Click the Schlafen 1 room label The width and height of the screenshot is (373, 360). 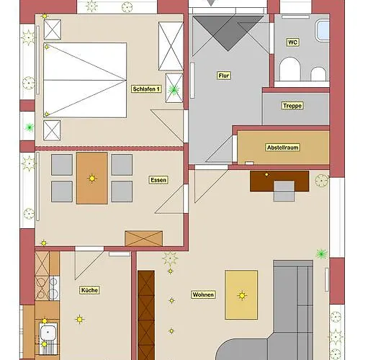click(146, 89)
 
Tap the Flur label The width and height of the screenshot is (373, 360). click(223, 76)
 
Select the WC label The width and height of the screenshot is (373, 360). click(292, 42)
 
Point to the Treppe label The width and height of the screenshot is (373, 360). click(292, 106)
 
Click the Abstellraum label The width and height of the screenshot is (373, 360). click(283, 148)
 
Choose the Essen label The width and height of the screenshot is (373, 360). click(158, 180)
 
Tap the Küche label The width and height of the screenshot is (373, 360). click(89, 290)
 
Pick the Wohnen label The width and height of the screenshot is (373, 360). click(203, 294)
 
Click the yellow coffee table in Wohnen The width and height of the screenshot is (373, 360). click(241, 295)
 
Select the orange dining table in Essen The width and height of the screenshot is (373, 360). click(92, 179)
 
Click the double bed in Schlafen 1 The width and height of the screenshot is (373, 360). click(85, 80)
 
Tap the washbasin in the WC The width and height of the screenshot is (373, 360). click(322, 31)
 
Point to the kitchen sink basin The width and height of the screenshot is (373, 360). click(48, 333)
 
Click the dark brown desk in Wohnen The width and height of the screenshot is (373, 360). click(279, 181)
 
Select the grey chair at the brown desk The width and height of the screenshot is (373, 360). click(284, 191)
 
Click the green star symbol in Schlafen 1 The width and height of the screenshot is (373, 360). click(174, 90)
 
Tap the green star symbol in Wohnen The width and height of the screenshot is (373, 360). click(321, 254)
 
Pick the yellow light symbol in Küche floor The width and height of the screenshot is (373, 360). click(80, 320)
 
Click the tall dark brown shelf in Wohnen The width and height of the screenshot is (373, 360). click(146, 315)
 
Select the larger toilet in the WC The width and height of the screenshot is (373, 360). click(290, 68)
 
